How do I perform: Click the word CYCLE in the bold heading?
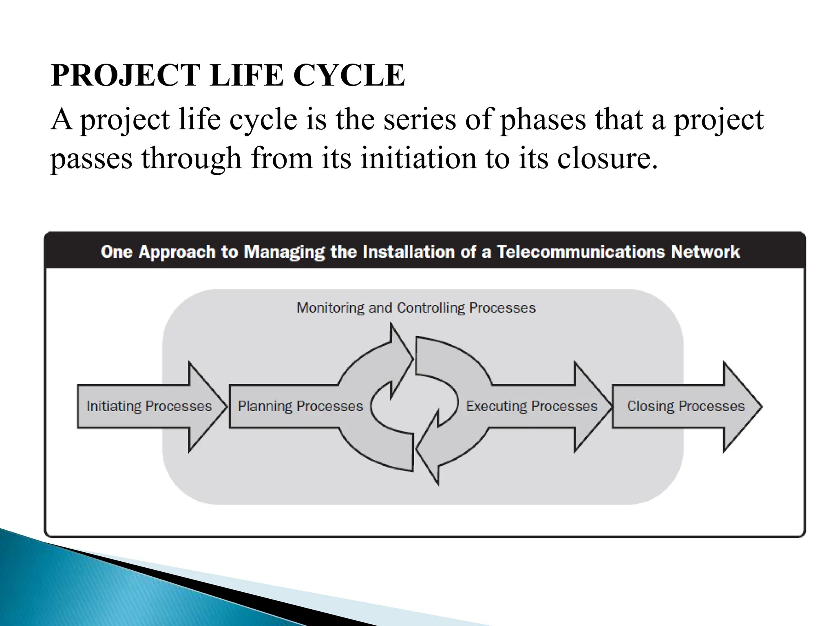click(x=349, y=75)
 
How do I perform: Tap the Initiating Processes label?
click(x=149, y=406)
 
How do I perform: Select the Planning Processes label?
click(x=300, y=406)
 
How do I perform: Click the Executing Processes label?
click(x=532, y=406)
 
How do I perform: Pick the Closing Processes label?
click(x=686, y=406)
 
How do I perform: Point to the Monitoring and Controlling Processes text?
click(x=416, y=308)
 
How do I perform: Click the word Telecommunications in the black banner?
click(x=581, y=252)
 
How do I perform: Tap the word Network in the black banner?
click(x=705, y=252)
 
